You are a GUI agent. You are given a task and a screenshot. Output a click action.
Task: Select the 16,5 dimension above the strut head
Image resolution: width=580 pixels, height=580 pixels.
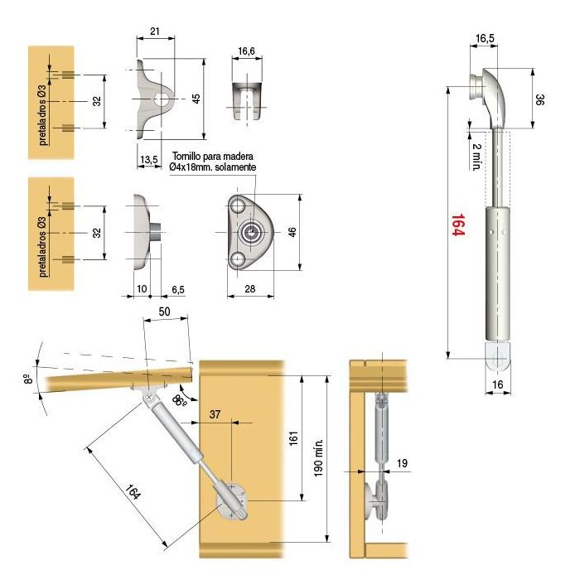pos(486,38)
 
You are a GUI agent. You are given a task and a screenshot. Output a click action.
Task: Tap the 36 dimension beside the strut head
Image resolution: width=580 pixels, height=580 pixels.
pos(539,99)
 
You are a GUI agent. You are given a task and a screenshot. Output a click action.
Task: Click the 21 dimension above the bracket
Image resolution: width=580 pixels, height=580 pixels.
pos(155,31)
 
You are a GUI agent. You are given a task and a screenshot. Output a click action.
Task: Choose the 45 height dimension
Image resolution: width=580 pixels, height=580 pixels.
pos(196,99)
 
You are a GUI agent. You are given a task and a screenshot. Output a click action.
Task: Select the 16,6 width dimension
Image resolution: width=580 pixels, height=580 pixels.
pos(246,51)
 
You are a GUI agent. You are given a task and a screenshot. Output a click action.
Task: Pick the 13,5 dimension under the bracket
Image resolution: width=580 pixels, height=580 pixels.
pos(148,159)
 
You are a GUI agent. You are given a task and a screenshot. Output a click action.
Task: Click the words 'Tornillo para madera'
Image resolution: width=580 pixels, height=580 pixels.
pos(212,156)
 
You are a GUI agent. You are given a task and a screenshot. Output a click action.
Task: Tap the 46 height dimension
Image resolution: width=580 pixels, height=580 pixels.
pos(292,233)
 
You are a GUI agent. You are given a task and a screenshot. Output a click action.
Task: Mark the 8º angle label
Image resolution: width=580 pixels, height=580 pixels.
pos(29,379)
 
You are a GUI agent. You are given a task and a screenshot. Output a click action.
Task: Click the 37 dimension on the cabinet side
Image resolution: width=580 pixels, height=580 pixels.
pos(215,414)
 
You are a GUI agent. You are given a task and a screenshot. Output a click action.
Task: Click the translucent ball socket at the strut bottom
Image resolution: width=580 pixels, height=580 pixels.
pos(497,358)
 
